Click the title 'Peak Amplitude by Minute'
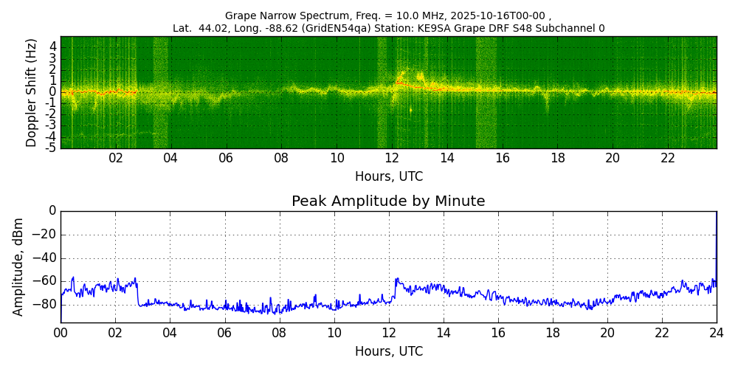click(388, 201)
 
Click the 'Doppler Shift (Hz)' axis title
click(32, 92)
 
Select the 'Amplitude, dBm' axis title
click(19, 266)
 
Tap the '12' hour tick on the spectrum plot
click(392, 158)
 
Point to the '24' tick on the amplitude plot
click(717, 332)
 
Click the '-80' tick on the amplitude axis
click(44, 303)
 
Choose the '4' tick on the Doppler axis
click(52, 46)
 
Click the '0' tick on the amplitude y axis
click(52, 211)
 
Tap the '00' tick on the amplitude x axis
click(61, 332)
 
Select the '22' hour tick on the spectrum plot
click(668, 158)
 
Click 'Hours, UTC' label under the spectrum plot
click(389, 176)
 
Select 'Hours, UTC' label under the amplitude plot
click(389, 351)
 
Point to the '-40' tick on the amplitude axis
click(44, 258)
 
